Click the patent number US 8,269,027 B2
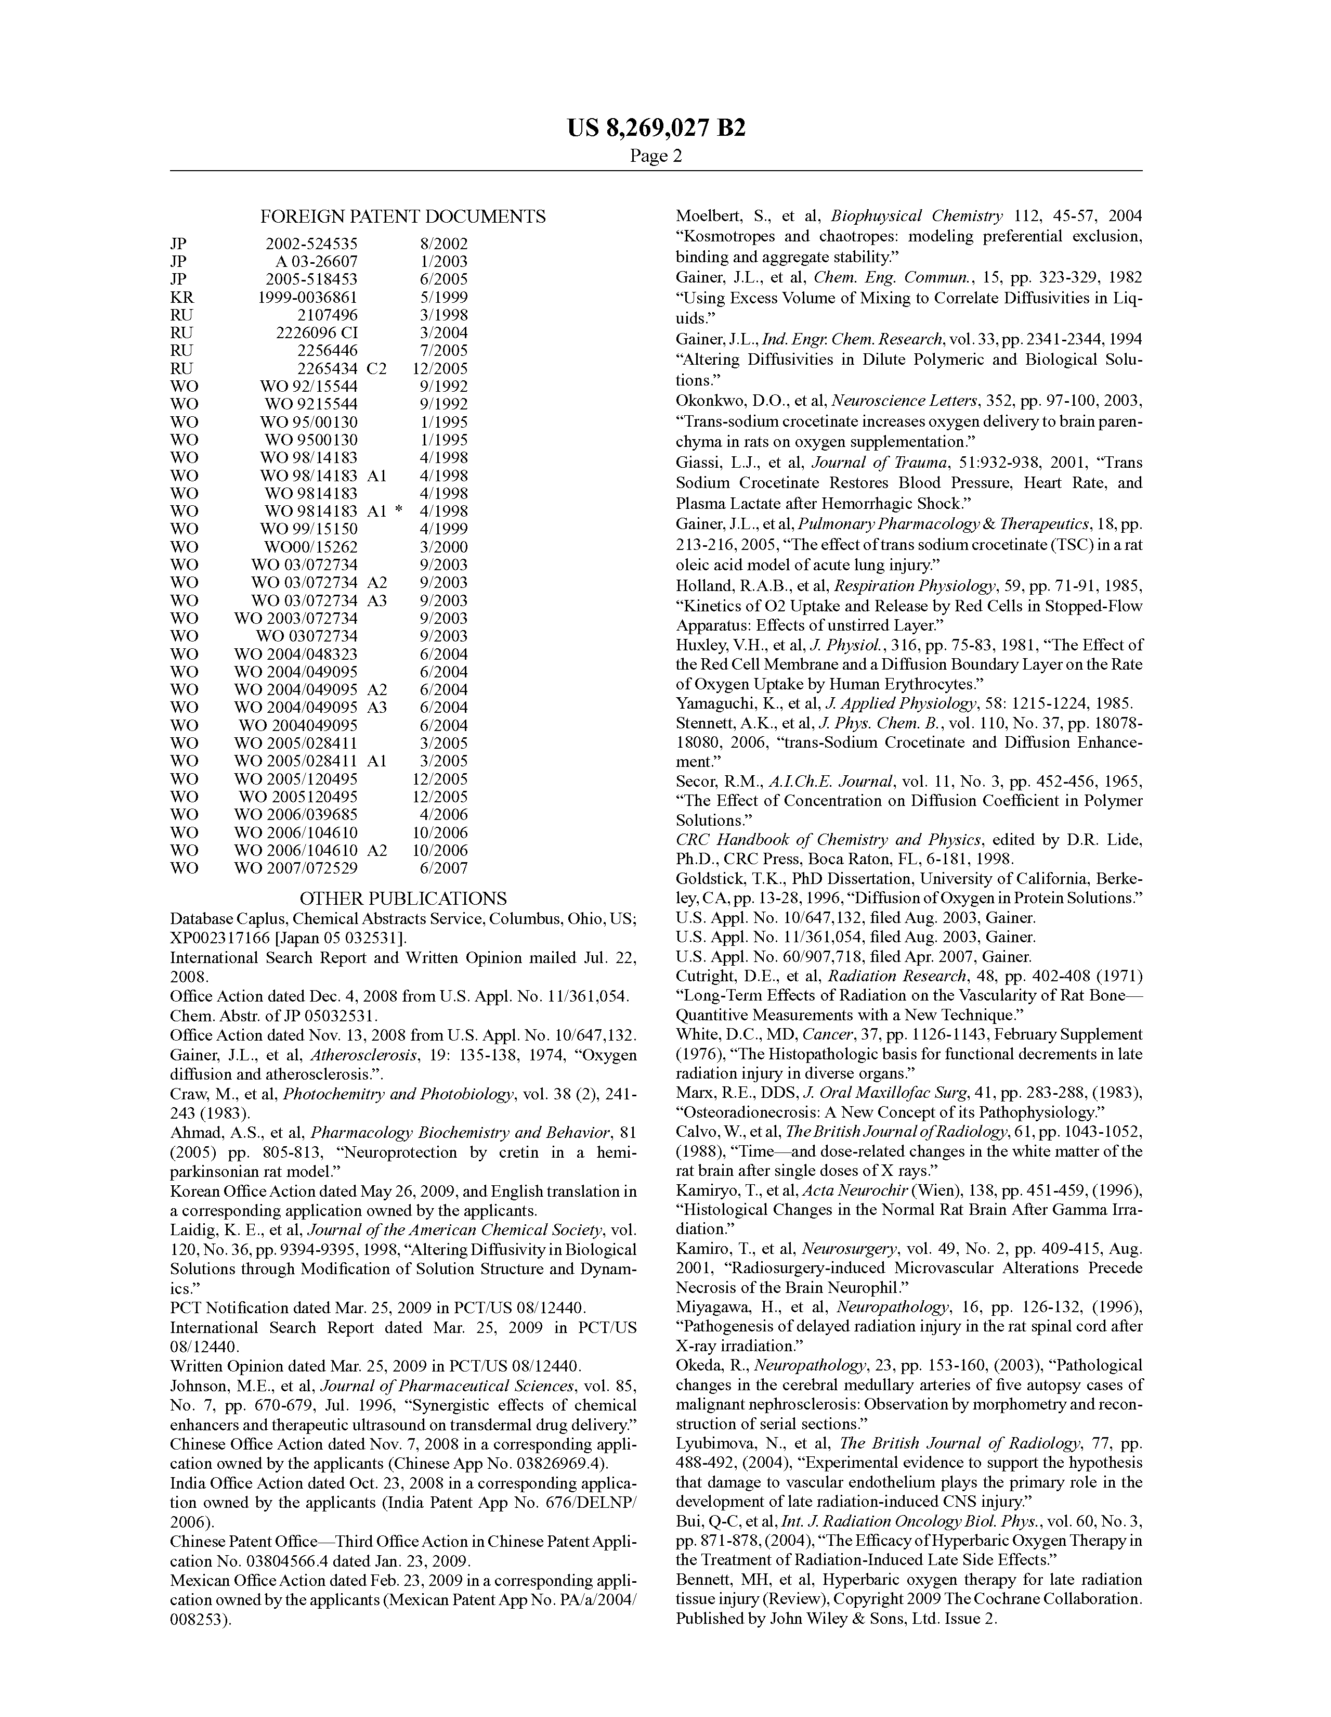coord(656,128)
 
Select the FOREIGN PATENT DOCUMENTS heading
coord(402,217)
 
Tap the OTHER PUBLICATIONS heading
coord(403,899)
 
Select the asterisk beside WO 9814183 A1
coord(399,511)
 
